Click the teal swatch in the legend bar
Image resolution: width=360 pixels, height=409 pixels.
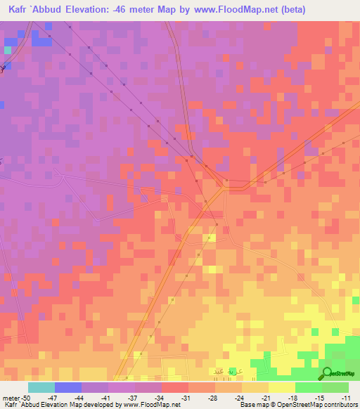pos(41,387)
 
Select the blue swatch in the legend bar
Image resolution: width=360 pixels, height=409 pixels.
pos(68,387)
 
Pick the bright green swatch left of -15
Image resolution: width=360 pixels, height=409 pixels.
pos(309,387)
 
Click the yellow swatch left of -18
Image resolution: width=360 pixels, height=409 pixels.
pos(282,387)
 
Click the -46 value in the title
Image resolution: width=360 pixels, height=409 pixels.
pos(134,9)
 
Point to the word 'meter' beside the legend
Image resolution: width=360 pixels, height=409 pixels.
pos(10,397)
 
